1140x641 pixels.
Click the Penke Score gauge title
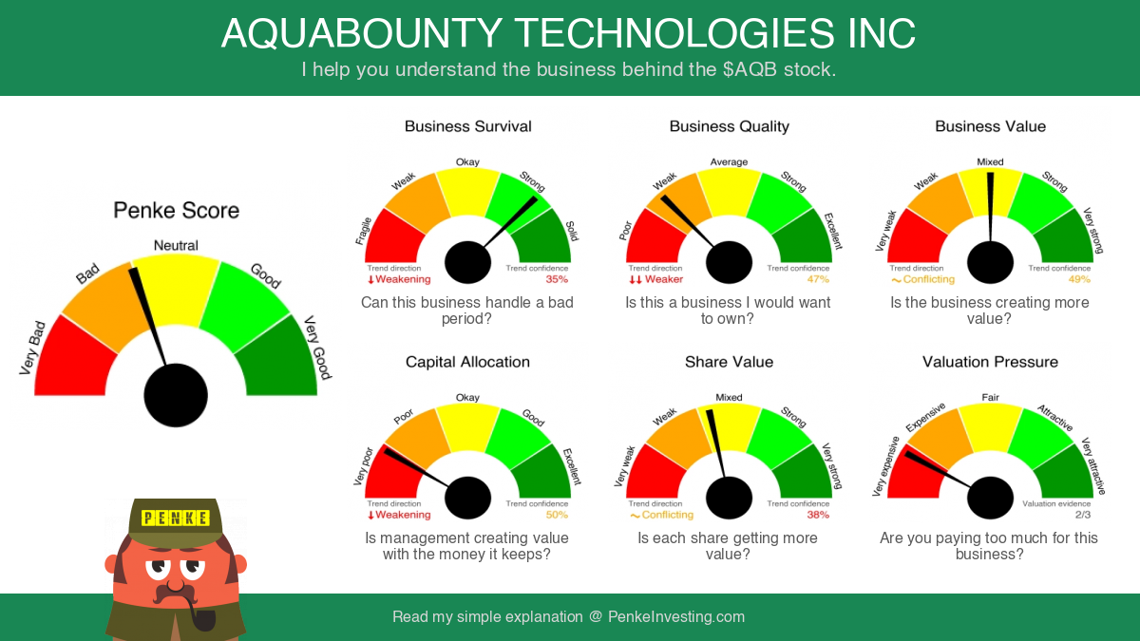[x=176, y=211]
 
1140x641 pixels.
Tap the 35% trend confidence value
[x=557, y=279]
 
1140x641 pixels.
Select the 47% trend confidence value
[x=818, y=279]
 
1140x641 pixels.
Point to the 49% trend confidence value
[x=1079, y=279]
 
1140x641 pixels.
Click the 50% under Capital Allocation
[x=557, y=515]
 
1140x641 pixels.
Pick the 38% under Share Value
[x=818, y=515]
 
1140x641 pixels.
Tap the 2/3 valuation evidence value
[x=1083, y=515]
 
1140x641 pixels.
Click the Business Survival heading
[x=467, y=126]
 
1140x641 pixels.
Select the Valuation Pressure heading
[x=990, y=362]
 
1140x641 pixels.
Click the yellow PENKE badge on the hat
[x=176, y=518]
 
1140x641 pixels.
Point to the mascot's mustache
[x=175, y=594]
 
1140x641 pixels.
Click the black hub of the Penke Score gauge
[x=176, y=395]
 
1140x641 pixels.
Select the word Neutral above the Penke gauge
[x=176, y=246]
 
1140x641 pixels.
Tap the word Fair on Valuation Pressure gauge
[x=990, y=397]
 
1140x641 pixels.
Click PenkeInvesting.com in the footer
[x=676, y=616]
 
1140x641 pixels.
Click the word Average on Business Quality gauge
[x=729, y=161]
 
